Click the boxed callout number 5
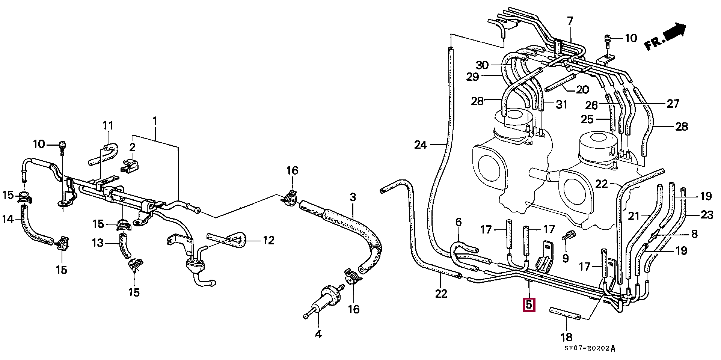529,304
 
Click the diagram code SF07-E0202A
590,348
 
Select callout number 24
421,145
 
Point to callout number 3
352,197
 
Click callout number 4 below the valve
318,334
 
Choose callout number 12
268,240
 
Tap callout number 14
8,218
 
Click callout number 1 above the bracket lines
154,121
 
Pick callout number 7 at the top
570,21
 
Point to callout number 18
566,337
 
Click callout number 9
566,258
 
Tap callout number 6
458,222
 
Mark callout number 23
707,215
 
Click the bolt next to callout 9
569,236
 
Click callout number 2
132,147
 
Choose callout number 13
97,243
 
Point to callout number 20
582,89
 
